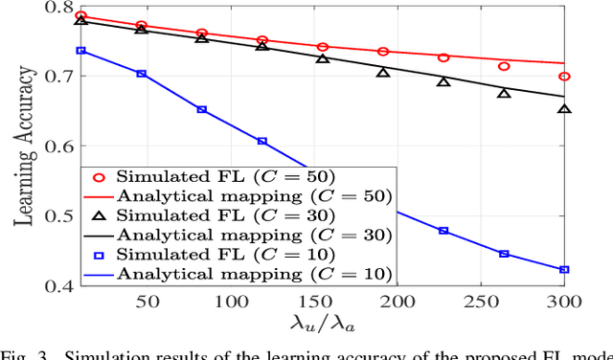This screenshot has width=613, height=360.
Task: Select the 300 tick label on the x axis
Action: tap(563, 302)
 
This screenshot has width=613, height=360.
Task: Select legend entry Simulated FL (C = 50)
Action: tap(192, 176)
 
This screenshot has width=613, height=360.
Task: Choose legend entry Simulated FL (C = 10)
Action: tap(192, 254)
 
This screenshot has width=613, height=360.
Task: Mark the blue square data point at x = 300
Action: tap(564, 270)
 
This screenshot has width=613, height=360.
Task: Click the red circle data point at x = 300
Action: tap(564, 77)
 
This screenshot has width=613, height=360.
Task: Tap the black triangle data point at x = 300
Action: tap(564, 109)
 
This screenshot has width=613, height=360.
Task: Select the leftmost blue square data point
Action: tap(80, 50)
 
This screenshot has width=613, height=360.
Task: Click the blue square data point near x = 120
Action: tap(261, 141)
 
